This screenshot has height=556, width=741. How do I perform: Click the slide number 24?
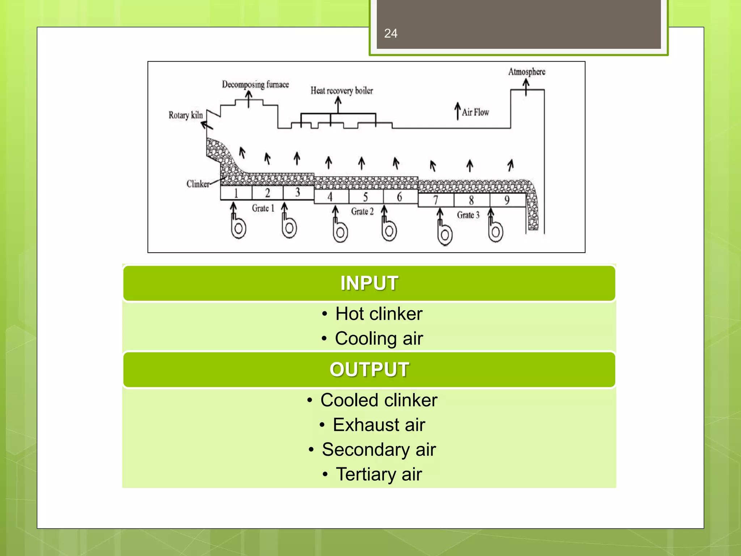[391, 33]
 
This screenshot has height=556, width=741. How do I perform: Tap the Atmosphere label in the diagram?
[526, 72]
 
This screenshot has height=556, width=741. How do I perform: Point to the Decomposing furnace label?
[255, 84]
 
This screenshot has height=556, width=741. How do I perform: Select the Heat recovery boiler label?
[342, 90]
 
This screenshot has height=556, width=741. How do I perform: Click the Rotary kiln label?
[186, 115]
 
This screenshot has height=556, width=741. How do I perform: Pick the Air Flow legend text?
[475, 112]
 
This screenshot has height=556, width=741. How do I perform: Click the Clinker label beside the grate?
[198, 184]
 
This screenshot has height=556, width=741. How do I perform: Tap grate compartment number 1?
[236, 193]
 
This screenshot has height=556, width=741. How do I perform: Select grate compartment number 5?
[365, 197]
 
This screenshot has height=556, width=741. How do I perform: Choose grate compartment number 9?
[507, 200]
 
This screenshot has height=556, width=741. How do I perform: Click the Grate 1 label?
[263, 208]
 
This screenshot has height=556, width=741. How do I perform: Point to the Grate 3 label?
[468, 215]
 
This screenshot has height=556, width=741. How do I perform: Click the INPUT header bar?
[369, 283]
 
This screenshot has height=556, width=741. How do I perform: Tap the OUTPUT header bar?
[369, 370]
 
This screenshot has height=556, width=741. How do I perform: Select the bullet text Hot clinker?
[378, 313]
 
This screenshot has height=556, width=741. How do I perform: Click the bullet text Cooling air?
[378, 338]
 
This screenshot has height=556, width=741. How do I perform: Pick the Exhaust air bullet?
[378, 425]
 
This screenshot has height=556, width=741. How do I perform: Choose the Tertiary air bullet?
[378, 474]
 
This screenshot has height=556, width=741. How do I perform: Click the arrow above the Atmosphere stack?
[526, 87]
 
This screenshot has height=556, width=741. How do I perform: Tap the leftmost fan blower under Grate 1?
[238, 227]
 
